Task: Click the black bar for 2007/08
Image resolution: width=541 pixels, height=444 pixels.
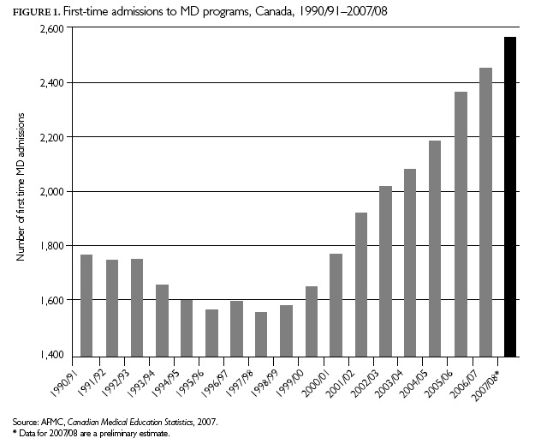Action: [x=510, y=196]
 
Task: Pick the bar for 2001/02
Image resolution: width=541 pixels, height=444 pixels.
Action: [x=361, y=284]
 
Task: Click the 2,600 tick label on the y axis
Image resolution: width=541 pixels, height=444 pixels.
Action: [x=52, y=28]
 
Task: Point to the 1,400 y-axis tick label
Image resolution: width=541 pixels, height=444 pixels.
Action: [x=52, y=355]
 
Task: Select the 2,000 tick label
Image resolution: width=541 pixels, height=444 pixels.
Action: [x=52, y=192]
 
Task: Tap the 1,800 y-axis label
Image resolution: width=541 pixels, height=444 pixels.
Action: [x=52, y=246]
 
